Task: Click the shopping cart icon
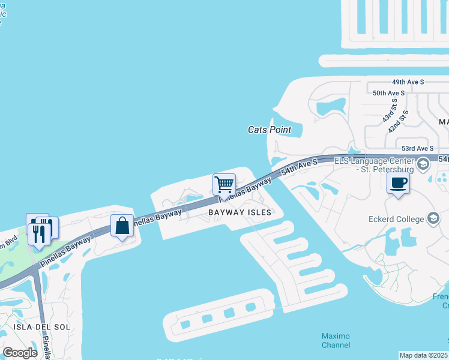[x=224, y=184]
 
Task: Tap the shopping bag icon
[x=122, y=226]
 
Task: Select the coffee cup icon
[x=398, y=182]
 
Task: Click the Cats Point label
[x=270, y=130]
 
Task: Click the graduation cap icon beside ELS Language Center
[x=423, y=163]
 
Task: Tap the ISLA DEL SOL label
[x=40, y=327]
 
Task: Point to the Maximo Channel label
[x=336, y=340]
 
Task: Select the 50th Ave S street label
[x=389, y=94]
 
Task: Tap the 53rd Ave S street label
[x=417, y=148]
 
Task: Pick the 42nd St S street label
[x=398, y=122]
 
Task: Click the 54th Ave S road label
[x=298, y=167]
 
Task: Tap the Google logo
[x=20, y=353]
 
